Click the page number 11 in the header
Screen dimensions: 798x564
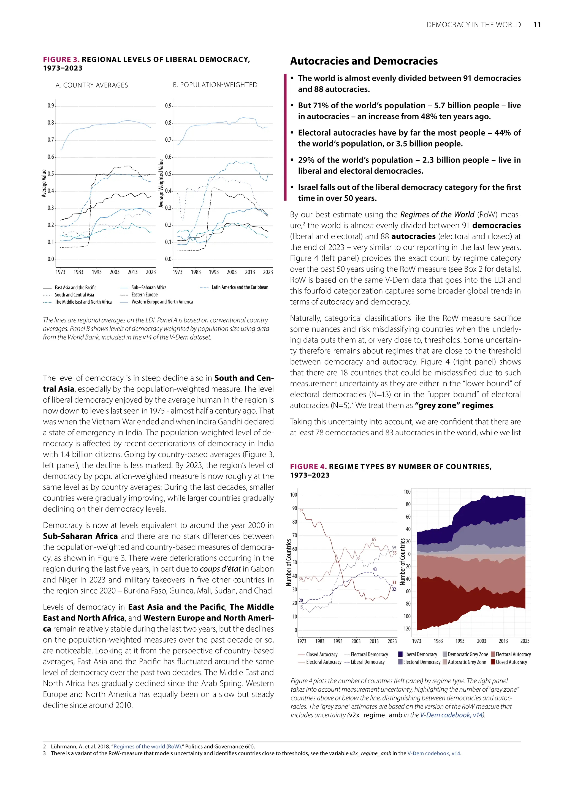[536, 25]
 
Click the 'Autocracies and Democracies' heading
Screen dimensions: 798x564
[364, 61]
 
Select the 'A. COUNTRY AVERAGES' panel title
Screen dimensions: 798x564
[92, 85]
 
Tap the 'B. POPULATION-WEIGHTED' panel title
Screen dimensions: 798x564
[215, 85]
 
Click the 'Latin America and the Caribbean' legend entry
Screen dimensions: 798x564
[240, 287]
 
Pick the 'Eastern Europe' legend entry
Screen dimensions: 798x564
[145, 294]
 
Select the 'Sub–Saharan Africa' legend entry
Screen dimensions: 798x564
[149, 287]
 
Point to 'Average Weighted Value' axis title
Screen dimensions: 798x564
[161, 184]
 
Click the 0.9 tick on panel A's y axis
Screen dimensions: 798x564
[51, 106]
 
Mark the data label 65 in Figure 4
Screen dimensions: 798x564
[374, 540]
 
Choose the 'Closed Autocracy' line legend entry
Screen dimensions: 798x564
[322, 654]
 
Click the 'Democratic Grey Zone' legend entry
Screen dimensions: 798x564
[467, 654]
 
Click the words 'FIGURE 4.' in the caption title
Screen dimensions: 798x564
[308, 467]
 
